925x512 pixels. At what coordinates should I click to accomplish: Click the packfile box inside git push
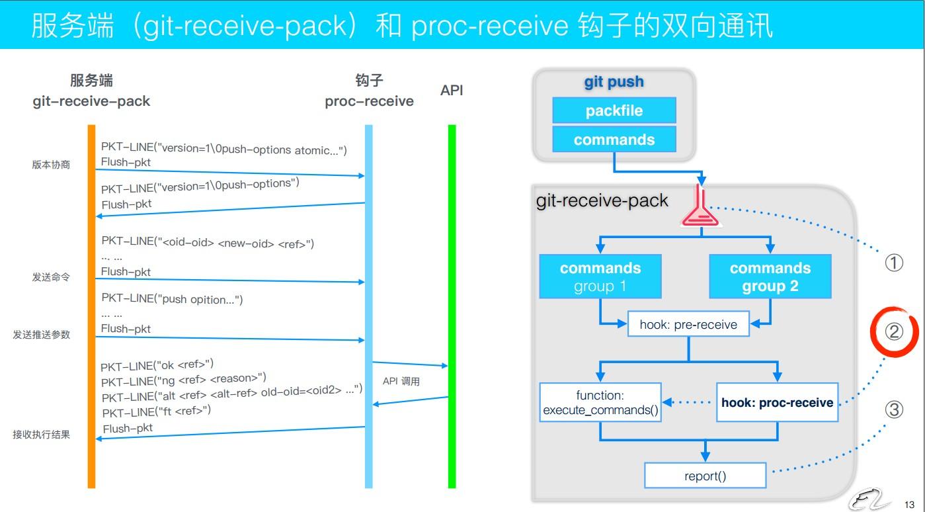tap(614, 110)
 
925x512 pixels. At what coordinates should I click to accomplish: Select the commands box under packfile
tap(614, 140)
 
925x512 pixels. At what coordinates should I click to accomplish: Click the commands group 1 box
tap(600, 277)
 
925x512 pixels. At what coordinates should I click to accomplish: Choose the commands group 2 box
tap(770, 277)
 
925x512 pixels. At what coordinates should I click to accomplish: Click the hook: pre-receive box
tap(688, 324)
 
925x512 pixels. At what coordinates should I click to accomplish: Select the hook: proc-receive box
tap(777, 403)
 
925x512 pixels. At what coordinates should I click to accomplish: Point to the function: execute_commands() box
tap(600, 403)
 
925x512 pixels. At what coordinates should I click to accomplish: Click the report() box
tap(705, 476)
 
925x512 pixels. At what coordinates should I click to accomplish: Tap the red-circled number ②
tap(894, 331)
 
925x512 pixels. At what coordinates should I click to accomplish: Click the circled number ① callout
tap(894, 263)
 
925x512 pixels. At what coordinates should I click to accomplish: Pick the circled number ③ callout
tap(894, 410)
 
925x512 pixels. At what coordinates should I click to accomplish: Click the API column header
tap(452, 91)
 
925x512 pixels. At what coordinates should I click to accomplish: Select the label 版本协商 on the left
tap(51, 165)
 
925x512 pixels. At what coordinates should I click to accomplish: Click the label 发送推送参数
tap(41, 335)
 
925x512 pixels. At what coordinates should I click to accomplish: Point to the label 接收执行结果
tap(41, 435)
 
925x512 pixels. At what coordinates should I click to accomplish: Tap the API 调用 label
tap(401, 382)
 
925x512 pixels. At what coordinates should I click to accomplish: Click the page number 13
tap(909, 504)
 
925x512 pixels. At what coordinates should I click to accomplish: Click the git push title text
tap(614, 82)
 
